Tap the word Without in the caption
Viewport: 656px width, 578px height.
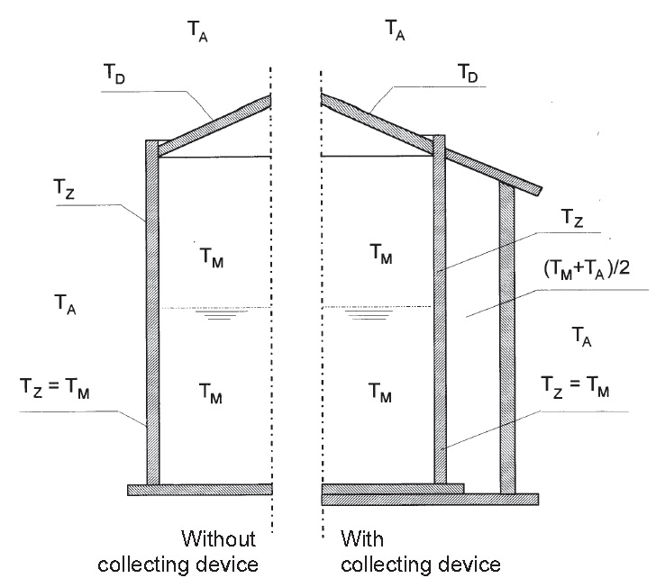[x=219, y=539]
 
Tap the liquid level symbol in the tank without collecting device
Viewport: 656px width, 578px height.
[x=215, y=315]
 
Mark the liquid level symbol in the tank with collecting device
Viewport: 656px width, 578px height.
[x=362, y=315]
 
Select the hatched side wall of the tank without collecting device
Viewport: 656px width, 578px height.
[x=152, y=315]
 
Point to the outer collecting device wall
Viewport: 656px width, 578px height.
[x=507, y=342]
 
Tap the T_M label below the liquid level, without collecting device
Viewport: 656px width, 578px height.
[x=213, y=393]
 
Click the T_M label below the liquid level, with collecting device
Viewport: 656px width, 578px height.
[x=380, y=393]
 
